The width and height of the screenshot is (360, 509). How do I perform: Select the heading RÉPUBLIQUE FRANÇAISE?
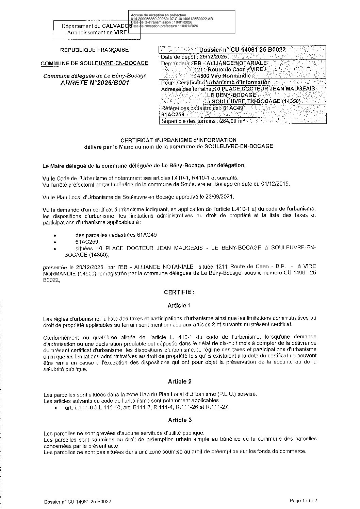tap(95, 50)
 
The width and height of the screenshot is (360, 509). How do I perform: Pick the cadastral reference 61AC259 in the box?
tap(173, 115)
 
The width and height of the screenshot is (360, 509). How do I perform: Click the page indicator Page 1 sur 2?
tap(303, 500)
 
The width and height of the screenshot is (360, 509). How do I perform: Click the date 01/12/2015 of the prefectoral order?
tap(275, 184)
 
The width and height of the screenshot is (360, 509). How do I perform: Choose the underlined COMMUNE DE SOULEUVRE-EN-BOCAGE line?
tap(95, 63)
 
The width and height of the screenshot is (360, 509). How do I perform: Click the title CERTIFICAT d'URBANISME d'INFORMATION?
tap(179, 140)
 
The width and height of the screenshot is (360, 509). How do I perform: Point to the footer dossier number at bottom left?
tap(78, 502)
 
